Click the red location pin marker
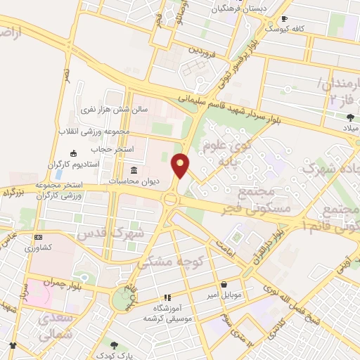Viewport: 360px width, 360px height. (x=181, y=166)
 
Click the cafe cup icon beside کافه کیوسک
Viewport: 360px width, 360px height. (x=284, y=19)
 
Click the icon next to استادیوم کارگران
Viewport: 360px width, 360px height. (x=73, y=153)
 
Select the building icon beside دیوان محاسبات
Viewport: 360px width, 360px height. (x=134, y=171)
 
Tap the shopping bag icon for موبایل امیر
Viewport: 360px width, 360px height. (x=224, y=284)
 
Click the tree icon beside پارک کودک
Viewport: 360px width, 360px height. (x=124, y=345)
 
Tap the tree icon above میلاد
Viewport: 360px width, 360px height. (x=350, y=117)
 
